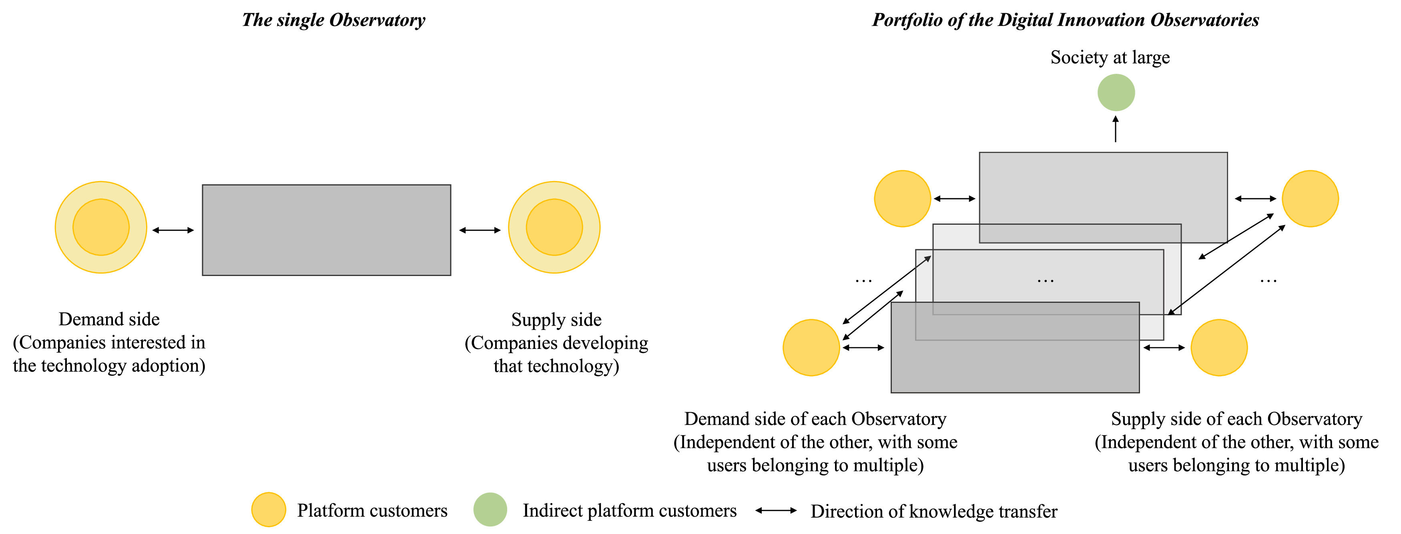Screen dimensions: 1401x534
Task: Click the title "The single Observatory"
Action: point(333,20)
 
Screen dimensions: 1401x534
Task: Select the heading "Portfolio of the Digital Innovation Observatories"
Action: point(1066,20)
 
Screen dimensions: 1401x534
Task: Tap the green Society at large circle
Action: point(1116,93)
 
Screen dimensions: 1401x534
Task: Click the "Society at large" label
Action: point(1110,57)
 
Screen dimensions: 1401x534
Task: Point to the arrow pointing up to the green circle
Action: point(1116,129)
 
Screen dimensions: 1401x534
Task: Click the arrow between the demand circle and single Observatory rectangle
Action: point(173,230)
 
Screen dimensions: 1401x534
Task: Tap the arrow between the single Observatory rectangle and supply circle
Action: point(480,230)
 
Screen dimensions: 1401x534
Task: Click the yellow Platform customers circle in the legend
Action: point(269,510)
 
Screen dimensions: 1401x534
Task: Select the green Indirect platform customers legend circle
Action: point(490,510)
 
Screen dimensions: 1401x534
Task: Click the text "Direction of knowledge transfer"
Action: point(934,511)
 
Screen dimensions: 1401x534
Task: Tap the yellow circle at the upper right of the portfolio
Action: point(1310,199)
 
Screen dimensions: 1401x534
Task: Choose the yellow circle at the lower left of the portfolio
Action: point(811,347)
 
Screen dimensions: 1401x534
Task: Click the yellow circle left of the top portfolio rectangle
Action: point(902,199)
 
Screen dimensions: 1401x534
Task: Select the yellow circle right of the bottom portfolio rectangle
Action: point(1219,347)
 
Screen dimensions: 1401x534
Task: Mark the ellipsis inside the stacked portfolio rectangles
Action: point(1045,281)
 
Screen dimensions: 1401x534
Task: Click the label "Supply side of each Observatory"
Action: point(1236,419)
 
